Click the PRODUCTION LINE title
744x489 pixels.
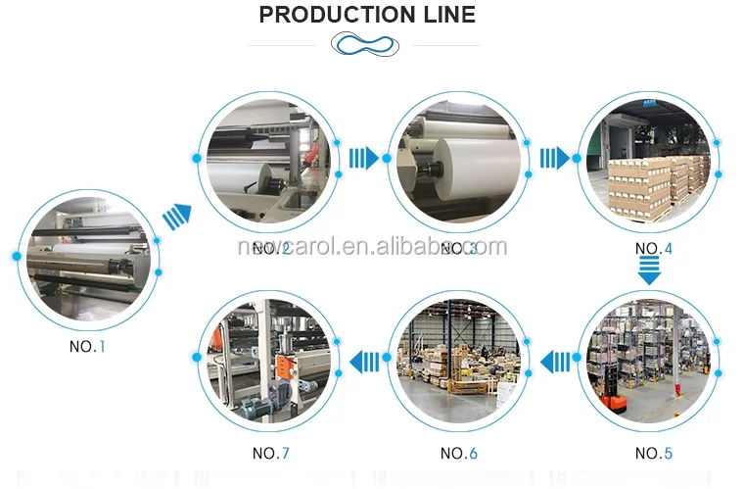(x=367, y=15)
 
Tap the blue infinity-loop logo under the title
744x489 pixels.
(x=365, y=45)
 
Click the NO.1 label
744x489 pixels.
(x=87, y=347)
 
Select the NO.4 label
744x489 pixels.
(x=653, y=248)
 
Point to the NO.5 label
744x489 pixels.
(x=653, y=453)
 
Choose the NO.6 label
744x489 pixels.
(x=458, y=453)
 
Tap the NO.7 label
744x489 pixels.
(x=270, y=453)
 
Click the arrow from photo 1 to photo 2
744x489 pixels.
(x=176, y=217)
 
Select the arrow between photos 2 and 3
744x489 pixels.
(x=364, y=158)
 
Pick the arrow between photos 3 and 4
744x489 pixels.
(x=555, y=158)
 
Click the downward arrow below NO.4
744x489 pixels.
(x=649, y=270)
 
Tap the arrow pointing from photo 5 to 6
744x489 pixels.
(x=555, y=363)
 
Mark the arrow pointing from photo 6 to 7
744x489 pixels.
(x=364, y=363)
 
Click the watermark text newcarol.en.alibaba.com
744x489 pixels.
(x=372, y=246)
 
